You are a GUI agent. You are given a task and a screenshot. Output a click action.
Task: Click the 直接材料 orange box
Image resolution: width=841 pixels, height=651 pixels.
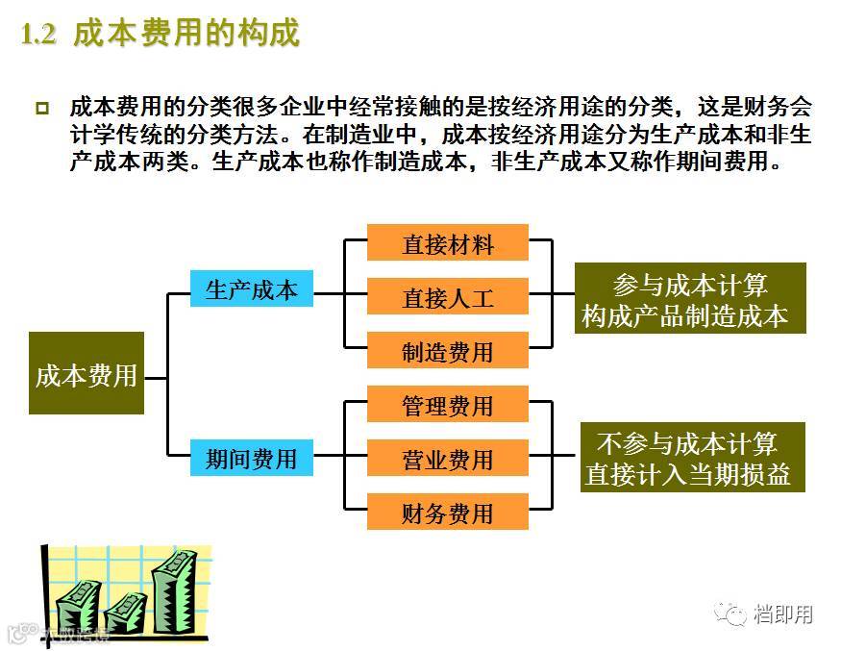[448, 243]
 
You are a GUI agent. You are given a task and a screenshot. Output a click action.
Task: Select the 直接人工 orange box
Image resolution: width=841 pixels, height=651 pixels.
[448, 297]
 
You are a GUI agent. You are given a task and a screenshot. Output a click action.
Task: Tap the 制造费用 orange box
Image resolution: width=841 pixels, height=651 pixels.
[448, 351]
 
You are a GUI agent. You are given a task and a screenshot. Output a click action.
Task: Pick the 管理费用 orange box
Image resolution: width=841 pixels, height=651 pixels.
[448, 405]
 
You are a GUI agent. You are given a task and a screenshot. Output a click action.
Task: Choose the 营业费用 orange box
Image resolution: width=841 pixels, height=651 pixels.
[448, 459]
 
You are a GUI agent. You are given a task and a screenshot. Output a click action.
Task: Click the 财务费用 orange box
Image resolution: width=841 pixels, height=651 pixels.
[448, 513]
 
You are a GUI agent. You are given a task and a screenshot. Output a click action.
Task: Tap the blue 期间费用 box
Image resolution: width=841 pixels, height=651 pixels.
[252, 458]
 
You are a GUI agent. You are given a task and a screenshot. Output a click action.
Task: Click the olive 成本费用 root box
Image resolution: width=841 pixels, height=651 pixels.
[87, 374]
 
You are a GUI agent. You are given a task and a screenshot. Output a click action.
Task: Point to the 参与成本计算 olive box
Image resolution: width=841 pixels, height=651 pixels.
[690, 299]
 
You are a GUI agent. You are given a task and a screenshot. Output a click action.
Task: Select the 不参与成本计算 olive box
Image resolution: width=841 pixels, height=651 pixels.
[692, 458]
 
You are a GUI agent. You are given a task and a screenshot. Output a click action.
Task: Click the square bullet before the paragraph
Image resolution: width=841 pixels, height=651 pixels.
[41, 107]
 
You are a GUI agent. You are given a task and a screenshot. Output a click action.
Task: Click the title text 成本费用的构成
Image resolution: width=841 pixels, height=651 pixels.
[186, 34]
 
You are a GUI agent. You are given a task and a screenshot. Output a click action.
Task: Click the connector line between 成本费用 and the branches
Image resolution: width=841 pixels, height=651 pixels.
[156, 378]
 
